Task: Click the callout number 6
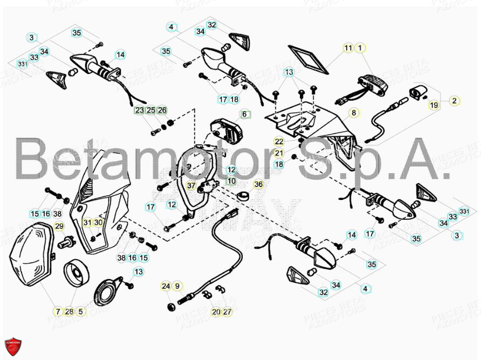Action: [244, 114]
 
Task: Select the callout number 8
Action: [354, 113]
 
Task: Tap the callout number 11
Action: [348, 48]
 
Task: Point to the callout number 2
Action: [455, 100]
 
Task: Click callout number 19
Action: [434, 106]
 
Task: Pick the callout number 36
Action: [258, 185]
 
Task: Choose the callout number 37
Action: [191, 185]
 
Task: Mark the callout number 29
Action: [59, 226]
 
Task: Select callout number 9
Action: [177, 286]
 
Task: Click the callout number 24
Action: [166, 286]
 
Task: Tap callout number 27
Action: [227, 311]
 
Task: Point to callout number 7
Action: [58, 311]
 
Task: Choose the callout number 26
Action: [162, 110]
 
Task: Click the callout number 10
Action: [231, 181]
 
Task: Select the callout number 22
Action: [279, 142]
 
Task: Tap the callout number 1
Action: [360, 48]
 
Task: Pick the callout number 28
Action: [69, 311]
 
